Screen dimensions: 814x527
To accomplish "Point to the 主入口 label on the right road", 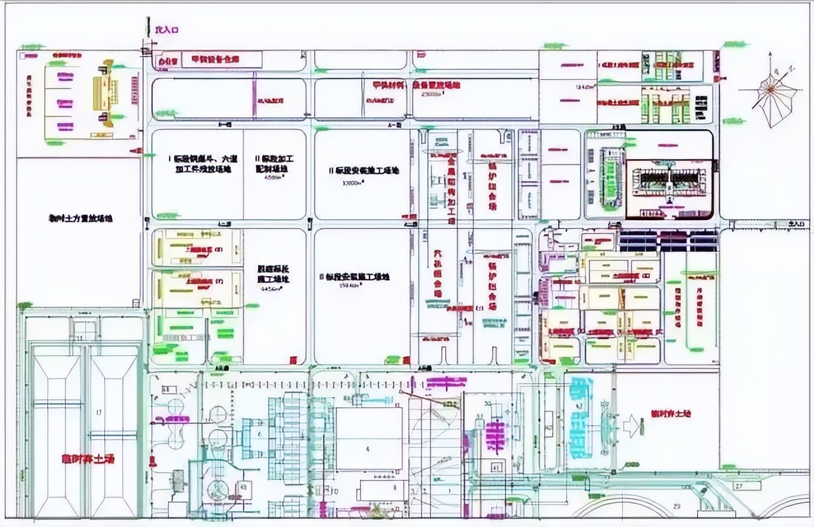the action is [x=796, y=224].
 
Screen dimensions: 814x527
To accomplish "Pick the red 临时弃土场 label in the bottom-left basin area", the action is [x=88, y=458].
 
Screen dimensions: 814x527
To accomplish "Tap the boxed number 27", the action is [x=738, y=486].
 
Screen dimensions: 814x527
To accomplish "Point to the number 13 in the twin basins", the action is [x=98, y=414].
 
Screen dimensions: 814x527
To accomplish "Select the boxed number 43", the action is [x=242, y=486].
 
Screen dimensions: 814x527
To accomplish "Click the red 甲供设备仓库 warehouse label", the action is [x=210, y=59].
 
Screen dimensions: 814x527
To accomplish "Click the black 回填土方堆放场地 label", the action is [x=81, y=218].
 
